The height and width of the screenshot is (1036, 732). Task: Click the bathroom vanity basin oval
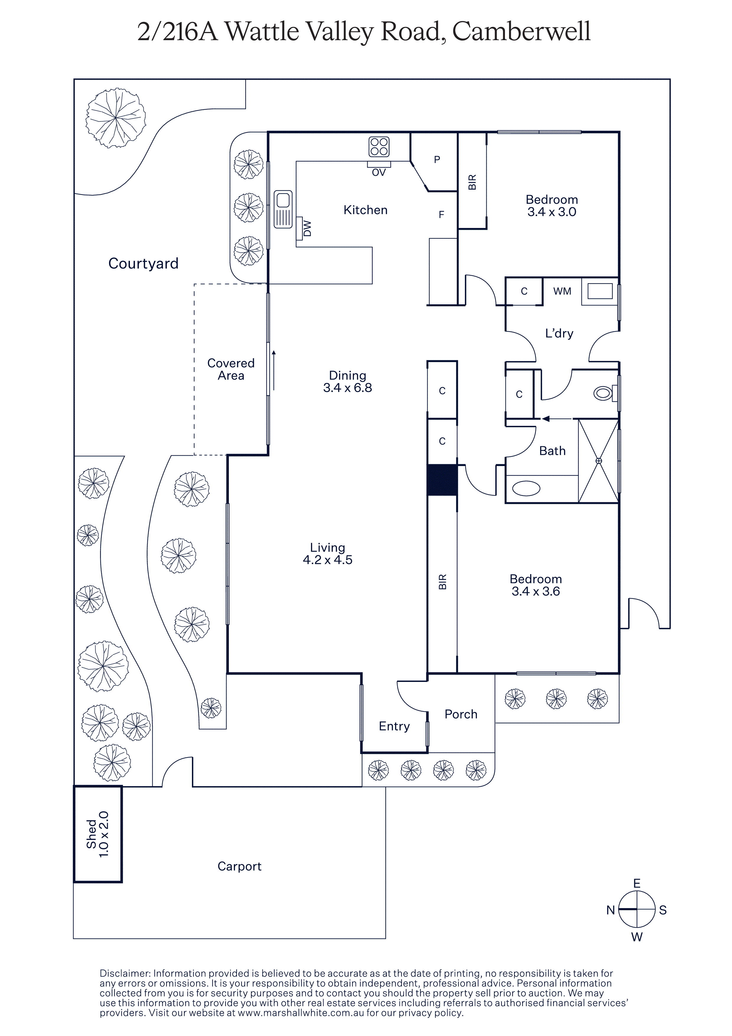[x=526, y=489]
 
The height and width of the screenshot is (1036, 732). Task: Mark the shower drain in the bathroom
[x=599, y=461]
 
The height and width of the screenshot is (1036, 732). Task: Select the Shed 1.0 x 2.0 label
[x=97, y=834]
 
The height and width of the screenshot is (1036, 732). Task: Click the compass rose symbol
[x=636, y=909]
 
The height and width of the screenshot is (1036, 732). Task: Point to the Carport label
[x=239, y=866]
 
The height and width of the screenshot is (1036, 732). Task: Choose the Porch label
[x=461, y=714]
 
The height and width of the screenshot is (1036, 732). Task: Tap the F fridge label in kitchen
[x=441, y=215]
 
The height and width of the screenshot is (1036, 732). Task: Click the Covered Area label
[x=231, y=369]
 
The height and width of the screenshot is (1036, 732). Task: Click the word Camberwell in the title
[x=521, y=32]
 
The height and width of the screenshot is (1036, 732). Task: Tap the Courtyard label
[x=144, y=263]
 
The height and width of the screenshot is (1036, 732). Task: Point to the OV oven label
[x=379, y=172]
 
